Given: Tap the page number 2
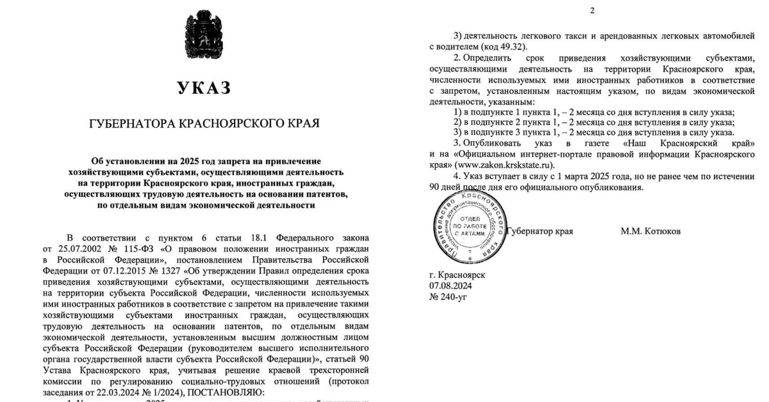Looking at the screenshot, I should click(592, 10).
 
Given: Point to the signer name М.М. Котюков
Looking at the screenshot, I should click(650, 230).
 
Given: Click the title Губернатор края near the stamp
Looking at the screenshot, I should click(540, 230).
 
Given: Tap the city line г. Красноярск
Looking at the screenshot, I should click(457, 274).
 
